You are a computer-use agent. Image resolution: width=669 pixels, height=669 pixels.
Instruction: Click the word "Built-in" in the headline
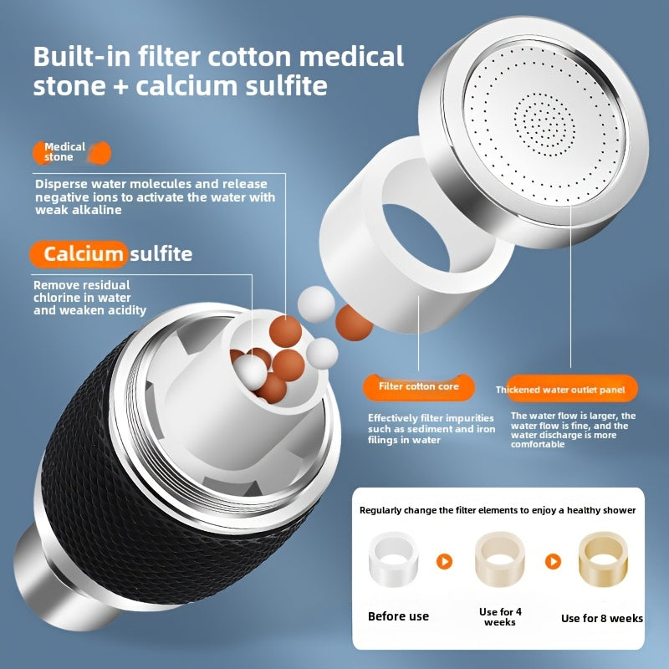82,56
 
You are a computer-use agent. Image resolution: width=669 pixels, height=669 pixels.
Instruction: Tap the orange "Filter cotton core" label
419,386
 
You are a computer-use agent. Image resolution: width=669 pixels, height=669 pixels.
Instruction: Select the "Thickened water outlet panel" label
560,389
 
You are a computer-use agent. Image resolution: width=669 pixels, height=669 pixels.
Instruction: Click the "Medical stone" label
65,152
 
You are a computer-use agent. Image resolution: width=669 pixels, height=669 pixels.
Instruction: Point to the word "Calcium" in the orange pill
83,254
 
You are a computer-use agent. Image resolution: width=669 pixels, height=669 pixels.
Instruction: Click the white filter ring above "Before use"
393,559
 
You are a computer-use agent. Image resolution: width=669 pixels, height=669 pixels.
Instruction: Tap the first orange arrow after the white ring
444,561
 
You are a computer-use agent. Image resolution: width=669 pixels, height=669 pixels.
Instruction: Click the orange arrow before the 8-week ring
553,561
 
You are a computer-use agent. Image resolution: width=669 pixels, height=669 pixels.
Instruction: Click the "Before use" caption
398,616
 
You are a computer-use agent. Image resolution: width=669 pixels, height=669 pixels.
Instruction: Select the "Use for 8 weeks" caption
601,618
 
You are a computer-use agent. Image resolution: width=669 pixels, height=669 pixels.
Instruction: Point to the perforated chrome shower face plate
542,121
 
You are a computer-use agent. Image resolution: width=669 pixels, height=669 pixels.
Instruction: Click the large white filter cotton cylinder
416,235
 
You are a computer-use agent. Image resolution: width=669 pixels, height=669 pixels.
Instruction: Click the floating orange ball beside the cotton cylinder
354,323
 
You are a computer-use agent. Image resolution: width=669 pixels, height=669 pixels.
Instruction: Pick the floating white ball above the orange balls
316,304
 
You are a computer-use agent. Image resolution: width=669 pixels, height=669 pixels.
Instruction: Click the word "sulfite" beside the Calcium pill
161,254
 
